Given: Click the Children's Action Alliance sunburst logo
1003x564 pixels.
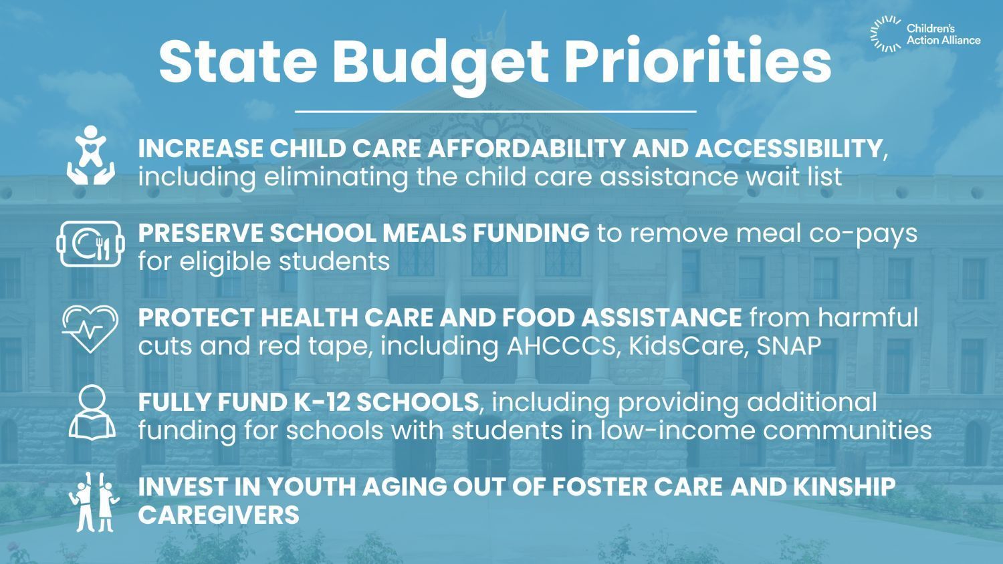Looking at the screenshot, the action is click(885, 34).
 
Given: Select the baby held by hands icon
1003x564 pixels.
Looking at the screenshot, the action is click(91, 155).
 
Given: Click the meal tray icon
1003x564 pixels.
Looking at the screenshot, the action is click(91, 244).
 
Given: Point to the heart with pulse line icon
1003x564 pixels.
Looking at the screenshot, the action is click(90, 329).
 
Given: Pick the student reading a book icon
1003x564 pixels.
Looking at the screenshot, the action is click(92, 412).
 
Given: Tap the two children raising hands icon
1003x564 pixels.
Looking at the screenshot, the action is click(93, 502).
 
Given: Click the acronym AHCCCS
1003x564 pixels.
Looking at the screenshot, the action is click(561, 346).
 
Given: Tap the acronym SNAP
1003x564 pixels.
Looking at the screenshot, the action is click(789, 346).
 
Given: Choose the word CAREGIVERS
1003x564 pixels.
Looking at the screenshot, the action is click(219, 515).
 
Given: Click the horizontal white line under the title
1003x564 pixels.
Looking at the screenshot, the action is click(495, 111).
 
